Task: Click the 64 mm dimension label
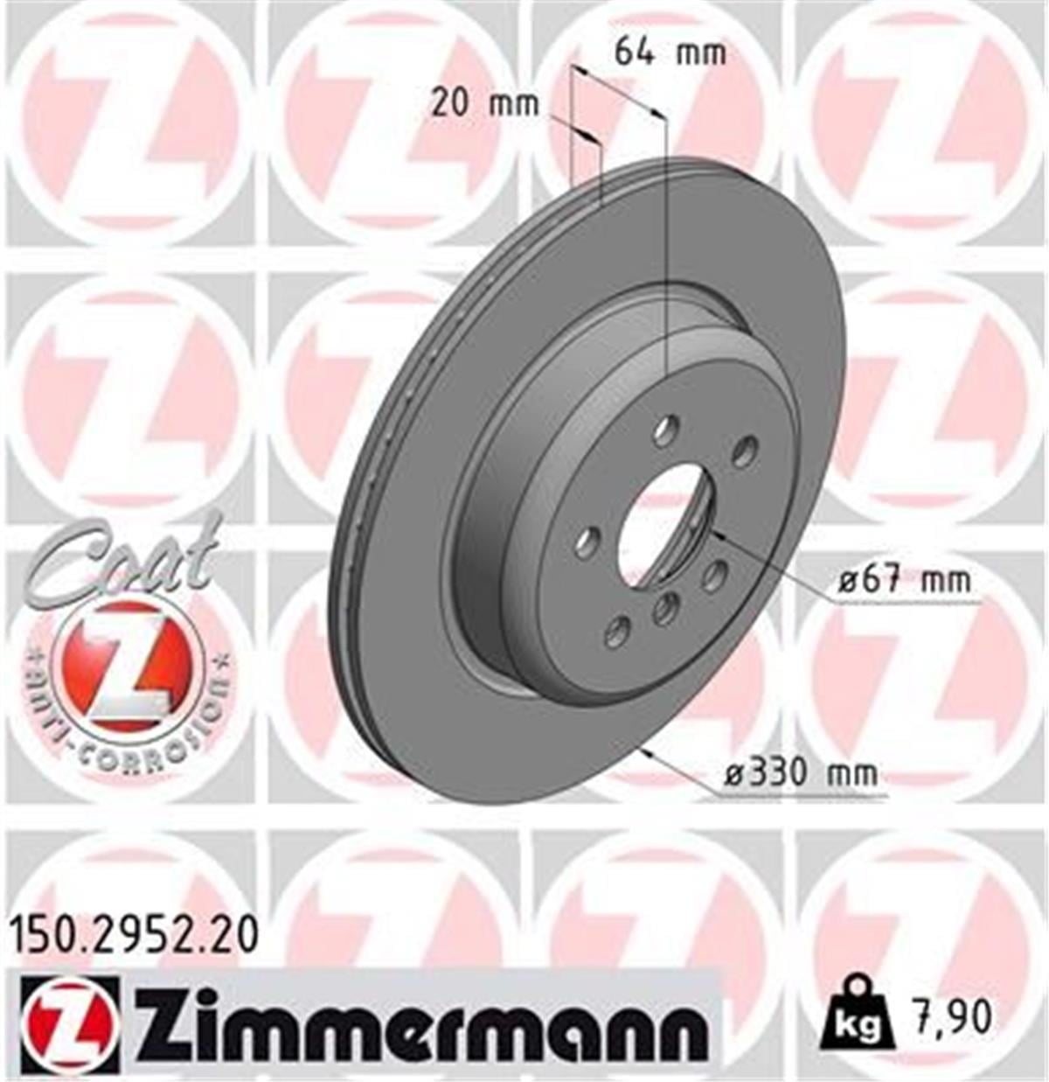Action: click(670, 52)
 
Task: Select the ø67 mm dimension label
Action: click(904, 580)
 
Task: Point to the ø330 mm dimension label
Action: click(802, 773)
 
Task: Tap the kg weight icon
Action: click(857, 1019)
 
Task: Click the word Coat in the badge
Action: click(122, 560)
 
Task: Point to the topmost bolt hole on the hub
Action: click(666, 429)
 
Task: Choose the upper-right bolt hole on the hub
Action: click(744, 452)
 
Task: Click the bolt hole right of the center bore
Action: click(714, 576)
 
